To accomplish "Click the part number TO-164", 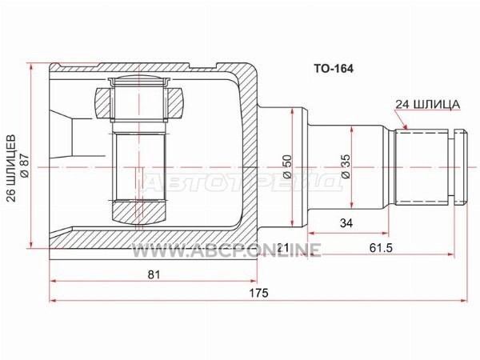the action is pos(333,69).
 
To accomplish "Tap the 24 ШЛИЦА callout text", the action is pos(427,104).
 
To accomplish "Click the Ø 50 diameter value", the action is pos(287,167).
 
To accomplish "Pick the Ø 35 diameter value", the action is pos(346,167).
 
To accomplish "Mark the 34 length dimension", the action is pos(346,223).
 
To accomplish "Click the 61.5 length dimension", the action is pos(381,248).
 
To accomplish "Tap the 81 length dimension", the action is pos(154,274).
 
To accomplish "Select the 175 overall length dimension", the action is pos(258,293).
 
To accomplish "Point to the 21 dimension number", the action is pos(282,248).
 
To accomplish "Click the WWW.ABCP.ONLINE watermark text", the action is pos(226,250).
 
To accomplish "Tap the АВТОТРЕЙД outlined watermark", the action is pos(243,182).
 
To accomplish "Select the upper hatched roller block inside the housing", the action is pos(139,103).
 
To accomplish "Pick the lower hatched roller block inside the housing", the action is pos(139,213).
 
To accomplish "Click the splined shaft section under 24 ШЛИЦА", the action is pos(422,167).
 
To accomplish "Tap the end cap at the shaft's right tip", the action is pos(461,167).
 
